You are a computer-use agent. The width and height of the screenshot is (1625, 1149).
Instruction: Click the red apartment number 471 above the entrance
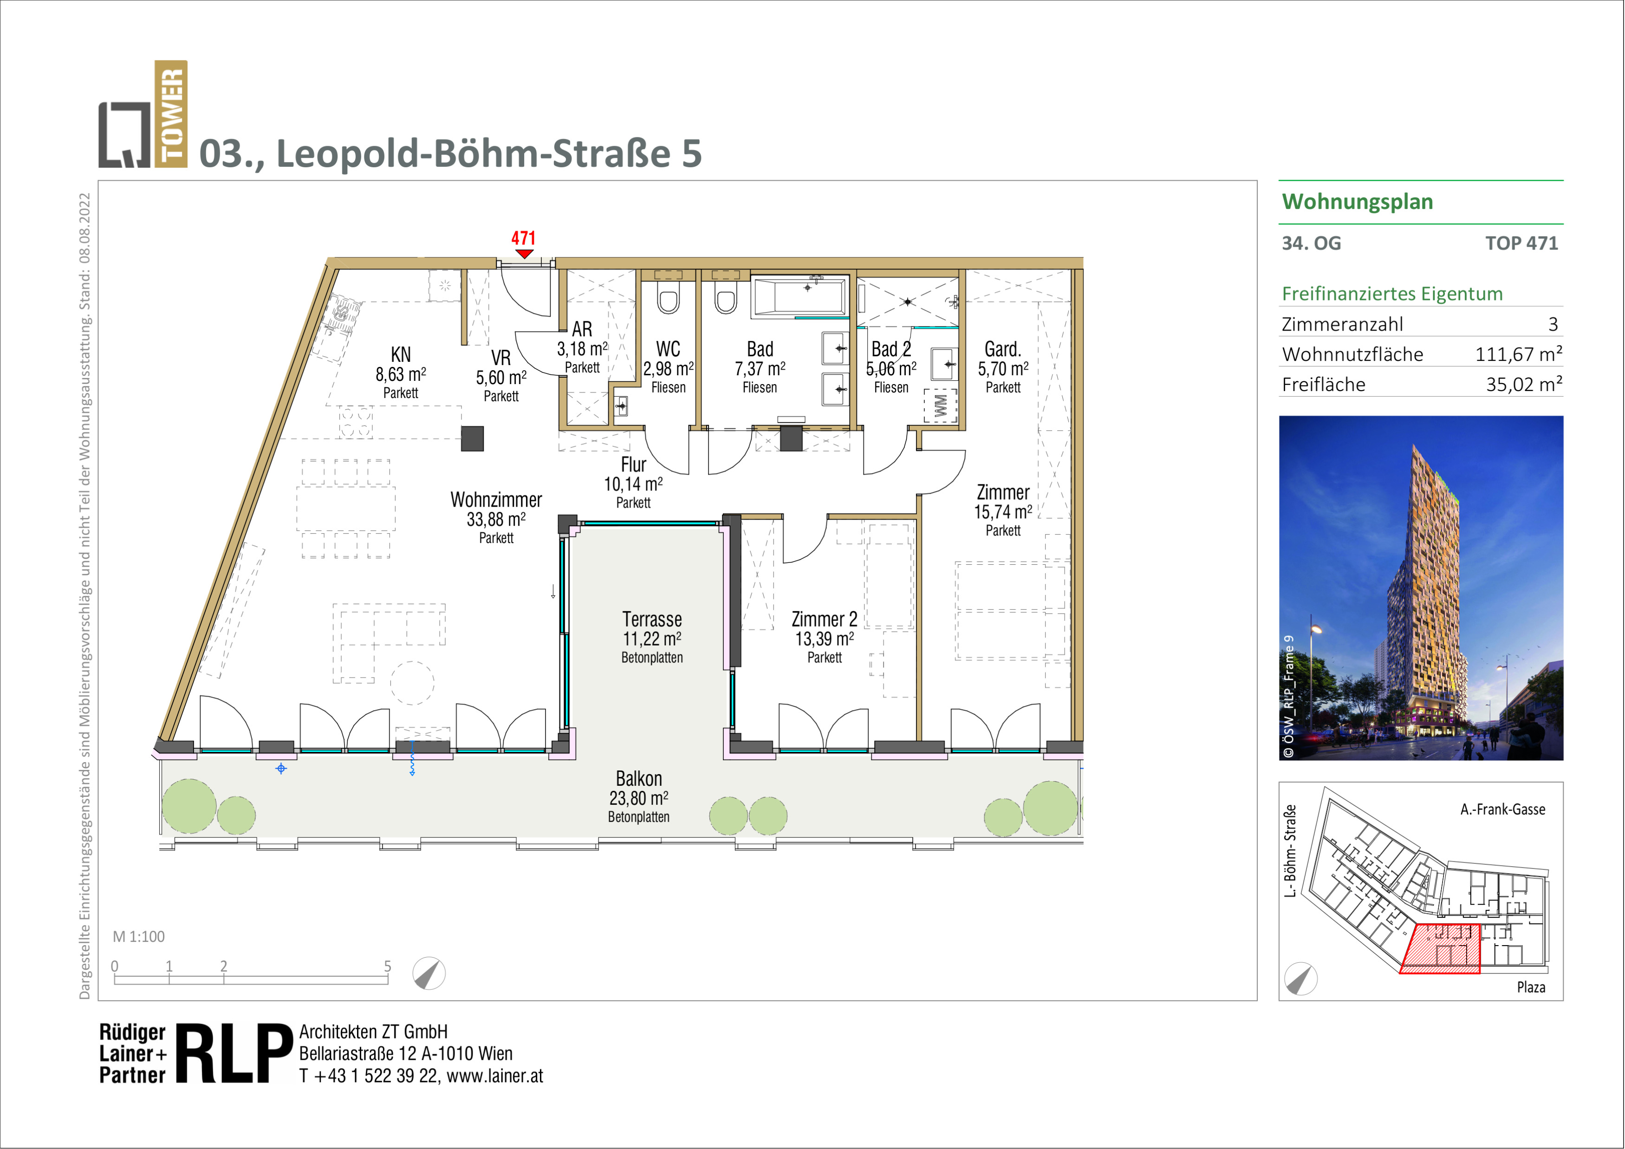tap(523, 238)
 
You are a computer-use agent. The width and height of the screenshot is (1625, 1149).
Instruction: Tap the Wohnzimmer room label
tap(496, 500)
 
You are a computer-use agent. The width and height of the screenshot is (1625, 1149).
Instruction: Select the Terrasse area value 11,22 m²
tap(652, 639)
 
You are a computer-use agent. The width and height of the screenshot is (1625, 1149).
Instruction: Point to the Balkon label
tap(638, 779)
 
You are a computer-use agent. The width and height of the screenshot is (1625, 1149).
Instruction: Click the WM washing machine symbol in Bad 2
tap(940, 405)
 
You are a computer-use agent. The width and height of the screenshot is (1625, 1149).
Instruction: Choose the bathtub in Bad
tap(800, 297)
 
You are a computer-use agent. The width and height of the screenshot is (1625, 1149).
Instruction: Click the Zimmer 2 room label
tap(825, 620)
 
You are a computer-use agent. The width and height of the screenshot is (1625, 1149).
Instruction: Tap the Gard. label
tap(1003, 349)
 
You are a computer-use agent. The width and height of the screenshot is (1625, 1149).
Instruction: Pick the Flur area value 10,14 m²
tap(633, 484)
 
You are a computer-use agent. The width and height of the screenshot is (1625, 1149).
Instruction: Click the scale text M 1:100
tap(139, 937)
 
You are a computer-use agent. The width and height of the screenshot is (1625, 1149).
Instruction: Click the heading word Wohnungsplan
tap(1358, 202)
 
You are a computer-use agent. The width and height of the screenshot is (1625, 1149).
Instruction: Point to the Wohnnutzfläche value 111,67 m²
tap(1518, 354)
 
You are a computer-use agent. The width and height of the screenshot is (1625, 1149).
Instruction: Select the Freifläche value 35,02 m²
tap(1524, 385)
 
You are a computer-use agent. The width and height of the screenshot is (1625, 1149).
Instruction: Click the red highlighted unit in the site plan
tap(1442, 949)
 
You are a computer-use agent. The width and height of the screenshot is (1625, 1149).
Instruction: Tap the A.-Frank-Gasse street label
tap(1502, 809)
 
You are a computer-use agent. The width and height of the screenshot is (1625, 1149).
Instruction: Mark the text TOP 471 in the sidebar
tap(1521, 243)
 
